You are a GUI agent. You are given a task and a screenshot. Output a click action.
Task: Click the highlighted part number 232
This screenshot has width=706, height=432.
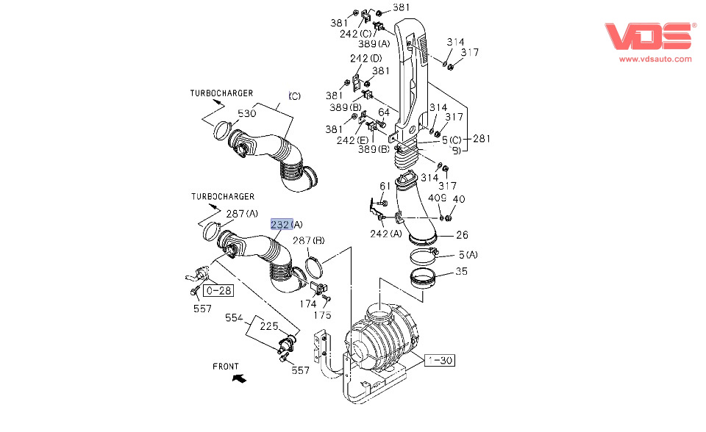pos(281,224)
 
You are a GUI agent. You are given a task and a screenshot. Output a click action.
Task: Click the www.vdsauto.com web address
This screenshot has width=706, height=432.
pos(655,59)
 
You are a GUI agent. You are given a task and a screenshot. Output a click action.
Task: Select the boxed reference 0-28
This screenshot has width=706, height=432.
pos(218,290)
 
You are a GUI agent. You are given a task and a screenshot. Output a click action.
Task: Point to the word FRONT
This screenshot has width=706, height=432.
pos(226,366)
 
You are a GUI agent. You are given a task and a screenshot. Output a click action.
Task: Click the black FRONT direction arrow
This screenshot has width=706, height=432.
pos(238,378)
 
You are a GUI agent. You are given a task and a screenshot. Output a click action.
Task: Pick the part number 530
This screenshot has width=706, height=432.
pos(246,114)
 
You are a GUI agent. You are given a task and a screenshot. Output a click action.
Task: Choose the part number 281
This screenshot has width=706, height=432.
pos(482,139)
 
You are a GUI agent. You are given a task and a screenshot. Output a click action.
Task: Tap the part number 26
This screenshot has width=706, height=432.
pos(461,236)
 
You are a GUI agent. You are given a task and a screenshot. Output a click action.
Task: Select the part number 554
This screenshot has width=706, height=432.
pos(234,319)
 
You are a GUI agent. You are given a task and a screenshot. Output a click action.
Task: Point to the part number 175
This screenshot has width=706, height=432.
pos(323,315)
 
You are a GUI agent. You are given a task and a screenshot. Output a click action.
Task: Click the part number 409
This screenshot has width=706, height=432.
pos(438,198)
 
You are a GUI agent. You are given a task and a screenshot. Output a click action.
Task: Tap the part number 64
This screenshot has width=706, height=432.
pos(384,112)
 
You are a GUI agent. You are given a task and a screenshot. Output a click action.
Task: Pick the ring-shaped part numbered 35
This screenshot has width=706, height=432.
pos(424,281)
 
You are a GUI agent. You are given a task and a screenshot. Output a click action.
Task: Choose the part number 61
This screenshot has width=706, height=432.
pos(385,186)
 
